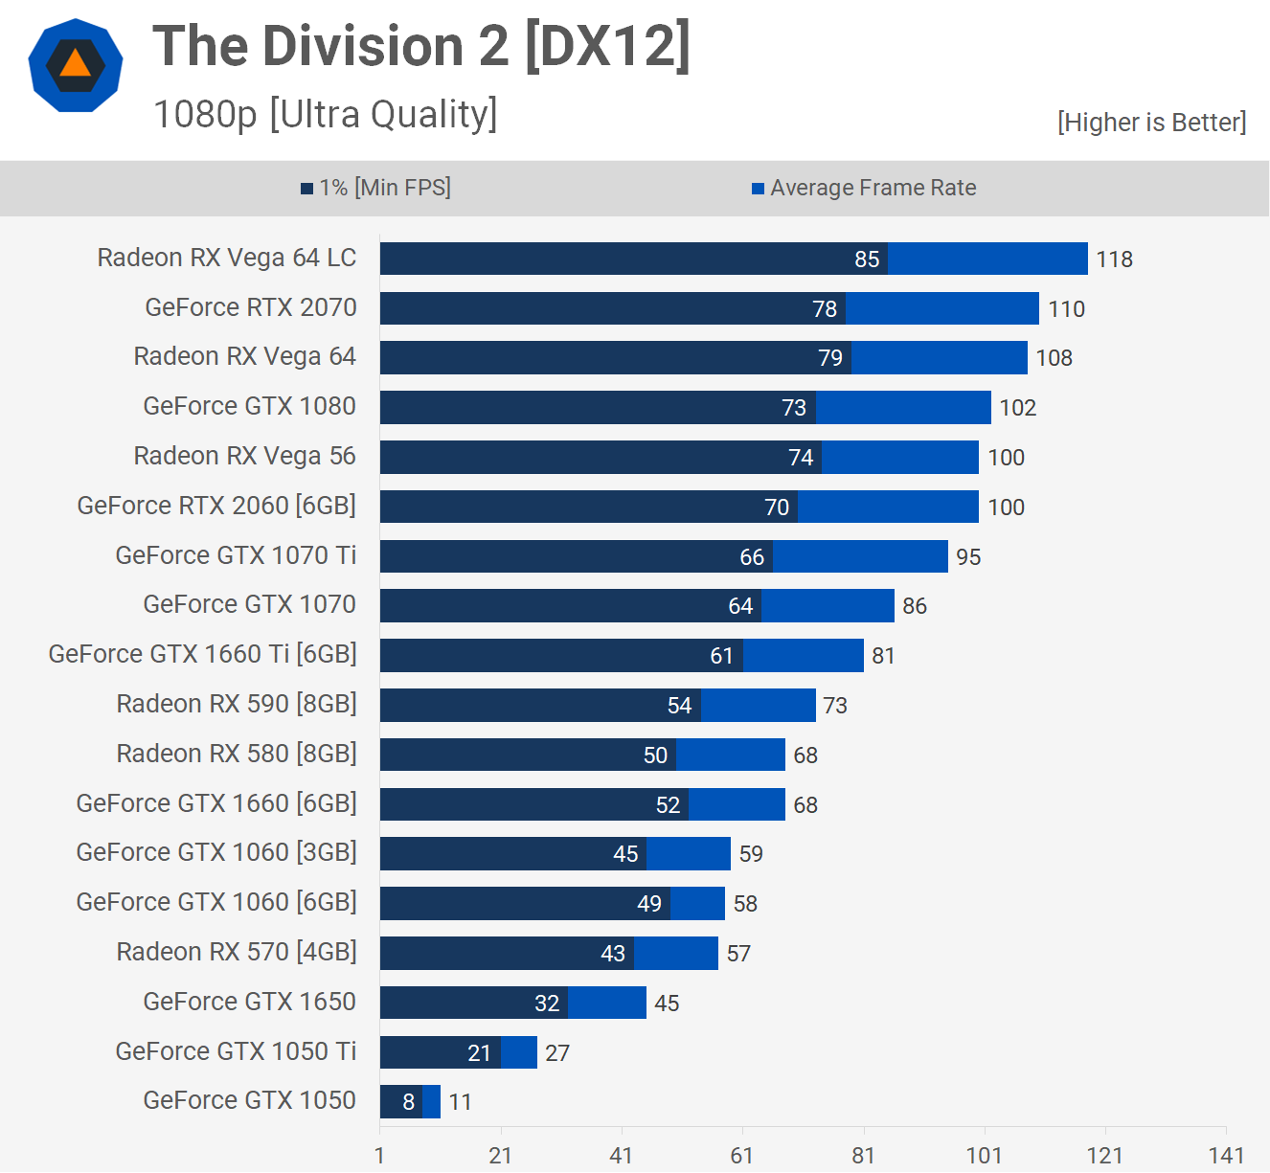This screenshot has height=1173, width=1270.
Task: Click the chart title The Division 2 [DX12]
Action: coord(421,46)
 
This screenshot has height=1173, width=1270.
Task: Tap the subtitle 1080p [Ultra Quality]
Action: coord(326,114)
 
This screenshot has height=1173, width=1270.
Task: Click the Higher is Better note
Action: coord(1151,123)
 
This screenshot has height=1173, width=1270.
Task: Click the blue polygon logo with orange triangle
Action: coord(76,65)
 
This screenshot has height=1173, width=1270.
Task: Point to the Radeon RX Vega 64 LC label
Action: coord(227,258)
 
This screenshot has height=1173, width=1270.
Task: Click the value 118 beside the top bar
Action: coord(1114,259)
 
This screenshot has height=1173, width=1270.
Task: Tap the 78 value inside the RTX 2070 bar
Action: coord(825,309)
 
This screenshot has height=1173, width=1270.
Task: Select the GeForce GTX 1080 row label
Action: coord(249,406)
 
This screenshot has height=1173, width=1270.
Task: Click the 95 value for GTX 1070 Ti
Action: coord(968,557)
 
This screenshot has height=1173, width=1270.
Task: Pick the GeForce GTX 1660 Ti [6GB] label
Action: coord(202,654)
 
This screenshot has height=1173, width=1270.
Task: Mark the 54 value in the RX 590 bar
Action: coord(679,706)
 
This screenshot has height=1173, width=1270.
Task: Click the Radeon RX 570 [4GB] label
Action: coord(237,952)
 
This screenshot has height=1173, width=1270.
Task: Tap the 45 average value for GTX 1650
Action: coord(667,1004)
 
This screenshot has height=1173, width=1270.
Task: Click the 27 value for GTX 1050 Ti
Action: coord(557,1053)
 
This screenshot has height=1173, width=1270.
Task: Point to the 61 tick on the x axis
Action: coord(742,1155)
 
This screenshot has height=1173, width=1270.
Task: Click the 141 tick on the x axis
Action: coord(1226,1155)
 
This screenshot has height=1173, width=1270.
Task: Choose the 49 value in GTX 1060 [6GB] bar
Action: coord(649,904)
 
